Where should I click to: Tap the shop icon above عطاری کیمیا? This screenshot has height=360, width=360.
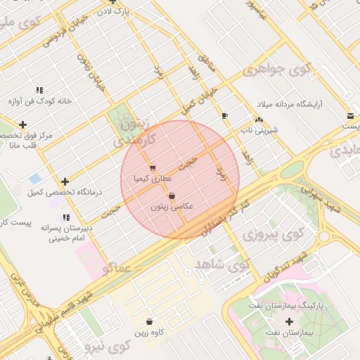tap(153, 168)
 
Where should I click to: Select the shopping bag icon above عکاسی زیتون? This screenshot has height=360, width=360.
tap(172, 196)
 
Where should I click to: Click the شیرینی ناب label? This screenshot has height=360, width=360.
tap(260, 130)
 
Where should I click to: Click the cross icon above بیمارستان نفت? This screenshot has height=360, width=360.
tap(289, 321)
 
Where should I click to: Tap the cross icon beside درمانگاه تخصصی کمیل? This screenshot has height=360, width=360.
tap(65, 181)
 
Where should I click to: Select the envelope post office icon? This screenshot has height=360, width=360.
tap(350, 116)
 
